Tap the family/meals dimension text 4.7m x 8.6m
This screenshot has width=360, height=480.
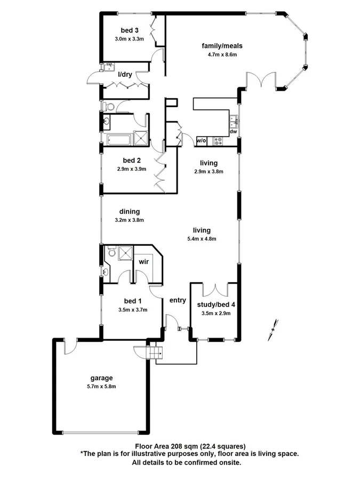pos(219,54)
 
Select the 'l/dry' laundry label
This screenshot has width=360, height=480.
pos(125,74)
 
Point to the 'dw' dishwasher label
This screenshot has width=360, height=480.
pos(233,131)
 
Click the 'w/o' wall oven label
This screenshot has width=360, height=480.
pos(202,141)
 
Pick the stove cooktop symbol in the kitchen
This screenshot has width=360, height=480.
pos(218,141)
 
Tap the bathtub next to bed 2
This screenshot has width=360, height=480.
pos(118,140)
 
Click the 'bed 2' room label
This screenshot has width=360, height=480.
pos(131,160)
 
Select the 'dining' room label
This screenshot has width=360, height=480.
pos(130,211)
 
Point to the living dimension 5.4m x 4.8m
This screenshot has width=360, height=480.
pos(202,239)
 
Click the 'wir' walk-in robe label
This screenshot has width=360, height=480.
pos(144,262)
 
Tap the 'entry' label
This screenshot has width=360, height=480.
pos(178,300)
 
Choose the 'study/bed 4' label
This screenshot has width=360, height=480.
pos(213,306)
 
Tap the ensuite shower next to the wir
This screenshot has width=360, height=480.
pos(125,252)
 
